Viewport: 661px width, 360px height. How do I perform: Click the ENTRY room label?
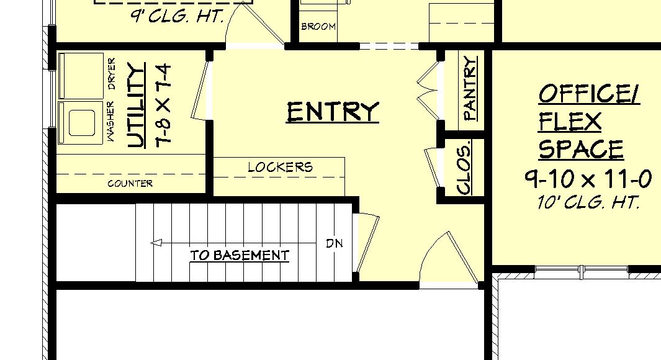pyautogui.click(x=332, y=112)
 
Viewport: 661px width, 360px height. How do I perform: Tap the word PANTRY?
pyautogui.click(x=470, y=88)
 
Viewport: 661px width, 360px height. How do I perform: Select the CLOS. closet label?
pyautogui.click(x=464, y=167)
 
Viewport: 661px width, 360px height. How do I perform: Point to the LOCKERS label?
pyautogui.click(x=280, y=167)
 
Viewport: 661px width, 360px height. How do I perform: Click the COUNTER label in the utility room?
pyautogui.click(x=130, y=184)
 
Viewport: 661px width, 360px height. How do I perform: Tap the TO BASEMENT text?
pyautogui.click(x=240, y=255)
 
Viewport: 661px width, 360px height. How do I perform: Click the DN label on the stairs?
pyautogui.click(x=334, y=243)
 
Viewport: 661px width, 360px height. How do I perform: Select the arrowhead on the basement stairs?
pyautogui.click(x=156, y=243)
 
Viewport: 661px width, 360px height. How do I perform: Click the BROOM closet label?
pyautogui.click(x=318, y=27)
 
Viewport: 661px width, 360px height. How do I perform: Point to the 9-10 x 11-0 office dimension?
pyautogui.click(x=588, y=179)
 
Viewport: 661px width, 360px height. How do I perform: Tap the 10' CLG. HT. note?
pyautogui.click(x=588, y=202)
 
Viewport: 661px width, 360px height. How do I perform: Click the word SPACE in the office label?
pyautogui.click(x=581, y=150)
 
